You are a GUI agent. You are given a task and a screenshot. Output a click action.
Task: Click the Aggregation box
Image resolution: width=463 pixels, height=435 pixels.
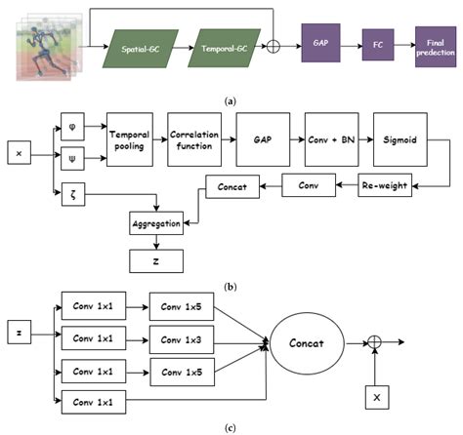click(157, 224)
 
